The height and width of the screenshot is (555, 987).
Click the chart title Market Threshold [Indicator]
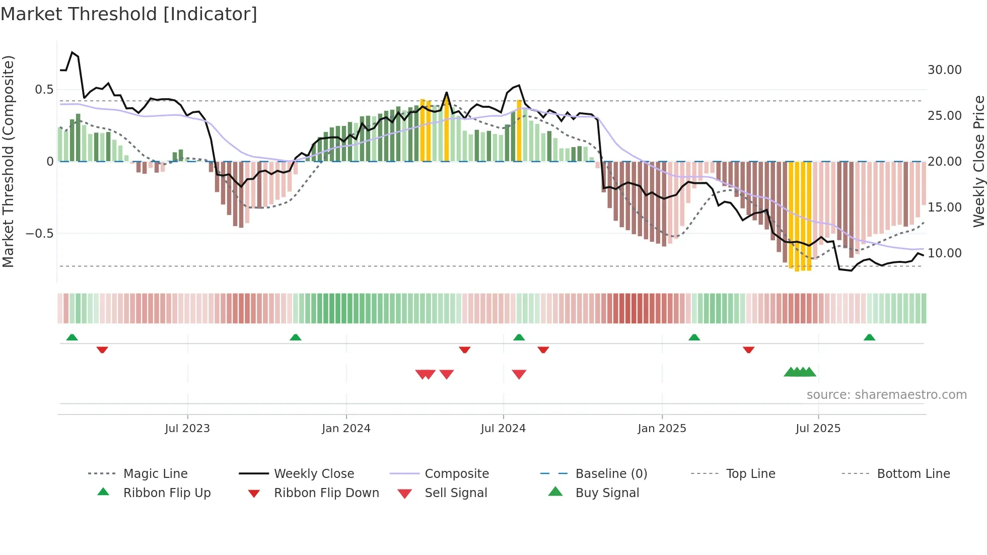pos(129,14)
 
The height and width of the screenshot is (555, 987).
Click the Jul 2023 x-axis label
pos(187,429)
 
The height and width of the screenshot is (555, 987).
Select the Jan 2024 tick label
pos(346,429)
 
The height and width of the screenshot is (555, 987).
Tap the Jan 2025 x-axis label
pos(662,429)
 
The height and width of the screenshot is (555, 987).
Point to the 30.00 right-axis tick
pos(944,70)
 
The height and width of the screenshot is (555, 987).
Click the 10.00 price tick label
pos(944,253)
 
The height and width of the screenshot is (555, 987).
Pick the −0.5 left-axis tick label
pos(39,234)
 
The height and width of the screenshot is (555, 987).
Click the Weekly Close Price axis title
pos(978,161)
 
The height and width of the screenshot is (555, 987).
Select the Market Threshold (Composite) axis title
pos(8,161)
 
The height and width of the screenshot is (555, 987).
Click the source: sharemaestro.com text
pos(886,395)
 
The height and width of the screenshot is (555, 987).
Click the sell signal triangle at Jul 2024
pos(519,374)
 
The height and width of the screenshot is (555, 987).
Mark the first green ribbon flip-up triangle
pos(72,337)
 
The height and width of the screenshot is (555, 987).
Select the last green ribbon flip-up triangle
pos(869,337)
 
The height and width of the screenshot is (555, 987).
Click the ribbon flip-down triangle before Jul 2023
pos(102,350)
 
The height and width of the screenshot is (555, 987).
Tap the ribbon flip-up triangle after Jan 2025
pos(694,337)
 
